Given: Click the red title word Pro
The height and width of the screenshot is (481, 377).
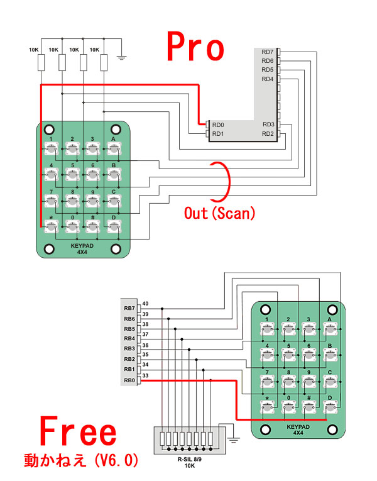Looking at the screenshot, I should pyautogui.click(x=195, y=48).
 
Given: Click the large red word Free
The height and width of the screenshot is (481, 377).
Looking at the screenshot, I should pyautogui.click(x=79, y=433).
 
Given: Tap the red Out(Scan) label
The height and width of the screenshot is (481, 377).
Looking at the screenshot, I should pyautogui.click(x=219, y=213).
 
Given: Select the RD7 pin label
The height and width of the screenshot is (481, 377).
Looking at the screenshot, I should pyautogui.click(x=268, y=52).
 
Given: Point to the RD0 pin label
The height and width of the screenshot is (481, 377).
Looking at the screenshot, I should pyautogui.click(x=218, y=124).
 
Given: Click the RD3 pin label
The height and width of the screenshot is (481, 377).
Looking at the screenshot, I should pyautogui.click(x=268, y=124).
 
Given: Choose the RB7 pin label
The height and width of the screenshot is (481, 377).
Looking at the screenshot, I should pyautogui.click(x=129, y=308).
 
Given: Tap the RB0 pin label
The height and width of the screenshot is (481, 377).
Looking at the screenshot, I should pyautogui.click(x=129, y=380).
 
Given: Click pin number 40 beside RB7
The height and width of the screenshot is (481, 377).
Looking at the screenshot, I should pyautogui.click(x=145, y=304).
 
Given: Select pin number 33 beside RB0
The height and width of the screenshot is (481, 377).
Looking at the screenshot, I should pyautogui.click(x=145, y=376).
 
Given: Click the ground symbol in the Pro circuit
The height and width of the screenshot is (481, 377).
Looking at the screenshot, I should pyautogui.click(x=123, y=58).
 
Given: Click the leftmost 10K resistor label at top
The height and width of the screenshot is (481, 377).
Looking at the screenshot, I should pyautogui.click(x=35, y=49).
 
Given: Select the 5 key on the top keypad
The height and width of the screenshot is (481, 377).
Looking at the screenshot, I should pyautogui.click(x=72, y=174).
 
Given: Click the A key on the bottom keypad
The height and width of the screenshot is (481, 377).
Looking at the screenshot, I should pyautogui.click(x=329, y=327).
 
